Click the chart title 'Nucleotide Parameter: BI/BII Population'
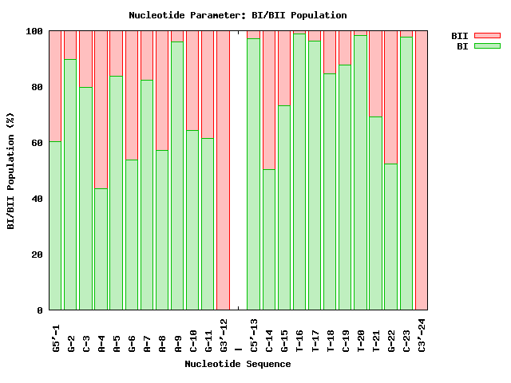(x=237, y=15)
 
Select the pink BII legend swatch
(x=486, y=36)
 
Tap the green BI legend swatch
(x=486, y=46)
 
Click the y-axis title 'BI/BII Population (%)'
(x=11, y=171)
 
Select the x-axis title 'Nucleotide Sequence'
(x=237, y=365)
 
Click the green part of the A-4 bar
(x=101, y=249)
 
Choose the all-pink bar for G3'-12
(x=223, y=170)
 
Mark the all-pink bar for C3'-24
(x=422, y=170)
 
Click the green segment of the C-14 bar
(x=269, y=239)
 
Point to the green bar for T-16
(x=299, y=172)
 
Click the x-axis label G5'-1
(x=56, y=334)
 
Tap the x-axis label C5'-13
(x=254, y=336)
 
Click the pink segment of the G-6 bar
(x=132, y=95)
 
